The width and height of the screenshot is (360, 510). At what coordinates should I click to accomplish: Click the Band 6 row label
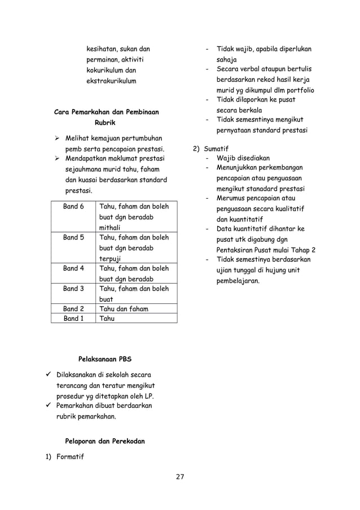click(73, 207)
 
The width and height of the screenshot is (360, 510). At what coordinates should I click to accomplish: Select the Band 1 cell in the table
click(73, 319)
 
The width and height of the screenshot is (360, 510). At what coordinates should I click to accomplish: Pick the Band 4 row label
click(73, 268)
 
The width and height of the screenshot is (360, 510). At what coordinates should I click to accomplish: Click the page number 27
click(180, 477)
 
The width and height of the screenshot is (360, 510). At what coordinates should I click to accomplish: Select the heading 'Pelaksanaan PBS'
click(105, 359)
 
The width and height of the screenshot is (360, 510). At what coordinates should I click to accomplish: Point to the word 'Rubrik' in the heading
click(105, 123)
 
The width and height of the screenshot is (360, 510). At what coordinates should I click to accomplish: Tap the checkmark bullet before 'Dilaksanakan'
click(49, 375)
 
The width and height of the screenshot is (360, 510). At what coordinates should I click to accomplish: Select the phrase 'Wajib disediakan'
click(243, 158)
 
